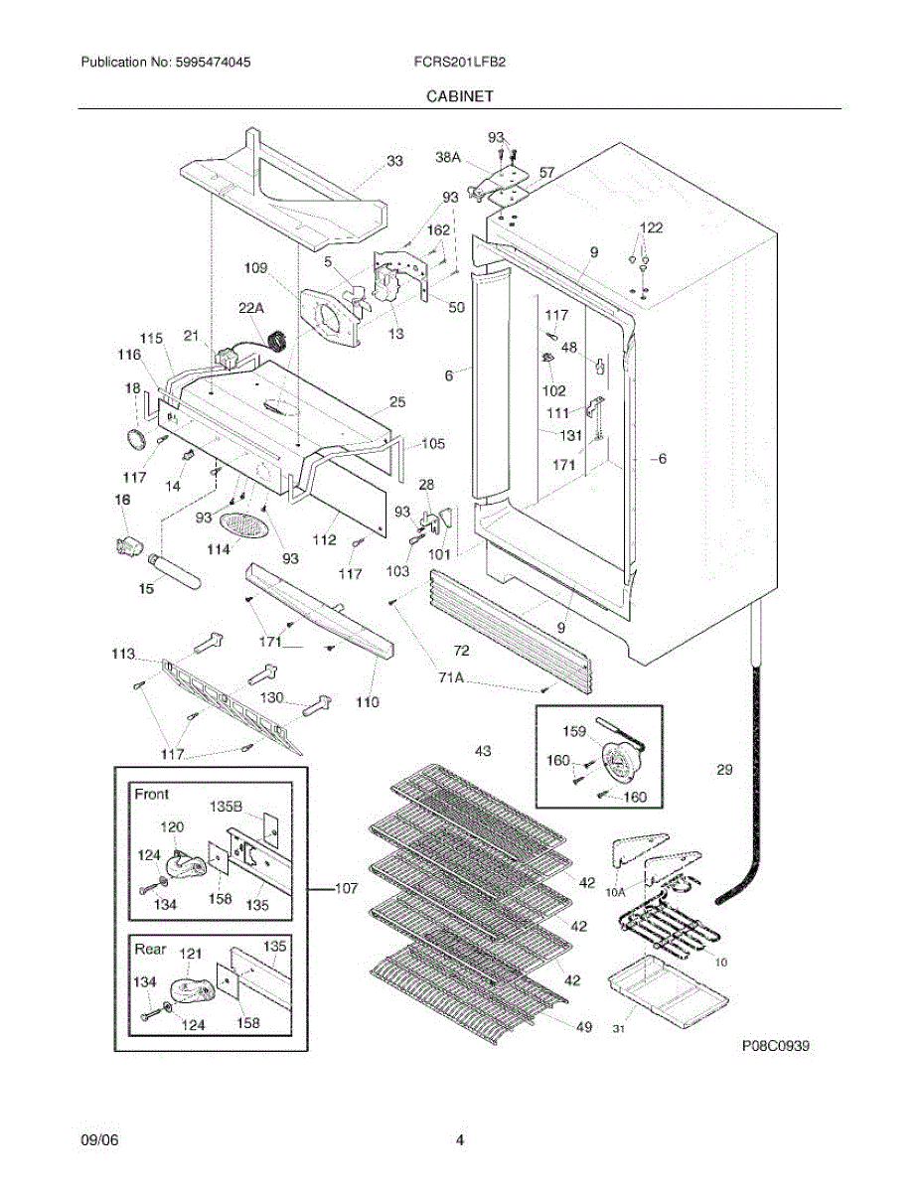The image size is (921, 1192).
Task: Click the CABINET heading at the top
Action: pyautogui.click(x=460, y=96)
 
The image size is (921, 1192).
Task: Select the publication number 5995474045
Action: pyautogui.click(x=213, y=62)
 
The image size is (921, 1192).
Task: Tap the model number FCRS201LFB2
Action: pyautogui.click(x=460, y=62)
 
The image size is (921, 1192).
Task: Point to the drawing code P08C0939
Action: pyautogui.click(x=775, y=1046)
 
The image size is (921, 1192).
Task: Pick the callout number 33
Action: pyautogui.click(x=395, y=161)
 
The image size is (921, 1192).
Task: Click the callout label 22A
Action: pyautogui.click(x=251, y=308)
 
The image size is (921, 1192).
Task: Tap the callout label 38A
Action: pyautogui.click(x=448, y=157)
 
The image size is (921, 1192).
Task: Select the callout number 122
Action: pyautogui.click(x=651, y=227)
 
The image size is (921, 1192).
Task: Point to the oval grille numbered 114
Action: pyautogui.click(x=244, y=525)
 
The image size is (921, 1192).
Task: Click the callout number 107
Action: pyautogui.click(x=346, y=888)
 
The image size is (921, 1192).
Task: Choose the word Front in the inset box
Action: pyautogui.click(x=152, y=794)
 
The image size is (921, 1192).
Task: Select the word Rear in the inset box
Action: pyautogui.click(x=150, y=949)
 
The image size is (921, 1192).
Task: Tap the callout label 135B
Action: pyautogui.click(x=226, y=807)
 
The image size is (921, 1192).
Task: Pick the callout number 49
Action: pyautogui.click(x=584, y=1027)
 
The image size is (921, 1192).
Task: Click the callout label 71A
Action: pyautogui.click(x=451, y=678)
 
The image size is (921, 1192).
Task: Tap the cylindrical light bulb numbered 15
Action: pyautogui.click(x=174, y=570)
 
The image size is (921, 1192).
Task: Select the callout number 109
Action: pyautogui.click(x=255, y=267)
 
